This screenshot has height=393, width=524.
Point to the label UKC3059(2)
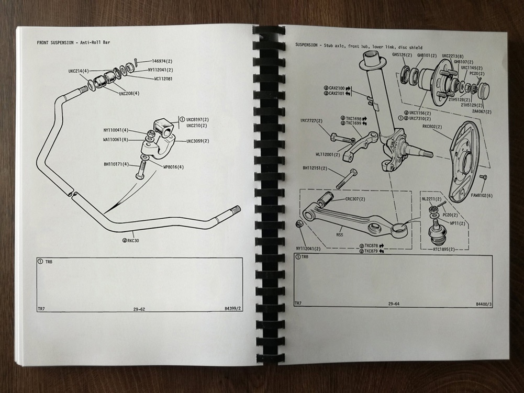click(198, 141)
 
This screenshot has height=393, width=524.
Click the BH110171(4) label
click(116, 164)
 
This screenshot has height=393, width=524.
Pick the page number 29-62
click(139, 309)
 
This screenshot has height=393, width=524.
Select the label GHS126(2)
click(402, 55)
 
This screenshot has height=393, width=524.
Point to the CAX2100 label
click(337, 88)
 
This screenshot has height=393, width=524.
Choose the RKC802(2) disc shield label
click(432, 126)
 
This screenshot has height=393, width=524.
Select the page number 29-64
click(394, 304)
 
